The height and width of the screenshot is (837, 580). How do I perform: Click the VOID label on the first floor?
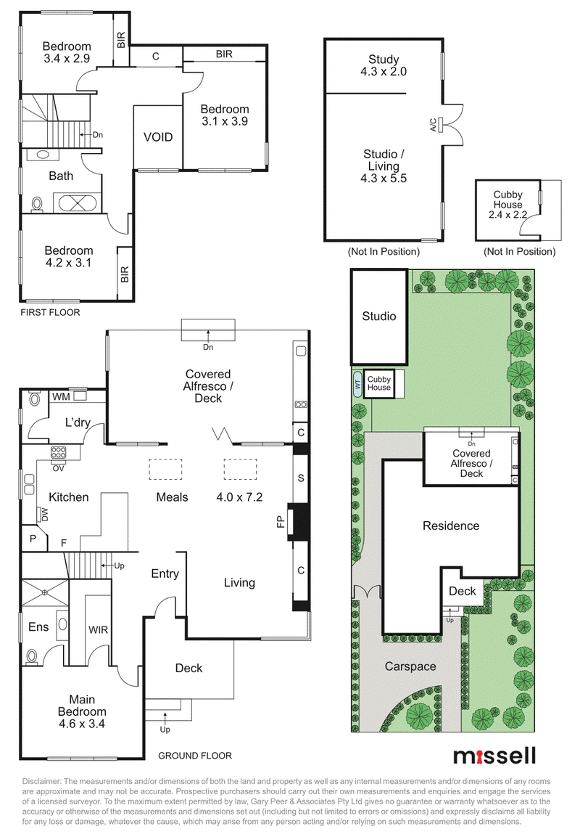pos(158,137)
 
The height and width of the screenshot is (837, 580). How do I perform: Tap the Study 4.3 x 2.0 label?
pos(384,65)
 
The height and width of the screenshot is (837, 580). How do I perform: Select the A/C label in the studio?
pos(434,125)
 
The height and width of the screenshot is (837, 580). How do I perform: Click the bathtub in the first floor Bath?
pos(78,203)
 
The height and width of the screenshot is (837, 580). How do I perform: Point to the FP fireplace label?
pos(281,521)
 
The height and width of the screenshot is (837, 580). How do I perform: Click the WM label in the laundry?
pos(61,396)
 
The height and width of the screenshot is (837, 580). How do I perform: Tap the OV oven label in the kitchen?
pos(58,468)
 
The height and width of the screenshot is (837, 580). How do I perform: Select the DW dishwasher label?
pos(45,515)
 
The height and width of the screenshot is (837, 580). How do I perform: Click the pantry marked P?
pos(33,539)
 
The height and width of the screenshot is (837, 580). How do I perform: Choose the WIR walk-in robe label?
pos(98,630)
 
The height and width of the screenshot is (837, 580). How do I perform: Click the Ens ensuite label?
pos(38,626)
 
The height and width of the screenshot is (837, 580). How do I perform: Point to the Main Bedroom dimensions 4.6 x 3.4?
pos(82,724)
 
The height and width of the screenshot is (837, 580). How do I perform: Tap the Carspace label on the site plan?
pos(410,666)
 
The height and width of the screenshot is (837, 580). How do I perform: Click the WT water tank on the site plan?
pos(357,383)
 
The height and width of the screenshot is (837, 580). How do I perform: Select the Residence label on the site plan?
pos(451,526)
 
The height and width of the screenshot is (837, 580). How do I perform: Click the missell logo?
pos(494,756)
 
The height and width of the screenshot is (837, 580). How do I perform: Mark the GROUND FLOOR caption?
pos(195,755)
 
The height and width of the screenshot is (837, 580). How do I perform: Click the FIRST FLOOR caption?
pos(50,312)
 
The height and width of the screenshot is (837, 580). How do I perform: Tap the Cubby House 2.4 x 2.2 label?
pos(507,205)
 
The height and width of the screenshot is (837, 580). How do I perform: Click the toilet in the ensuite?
pos(33,657)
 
